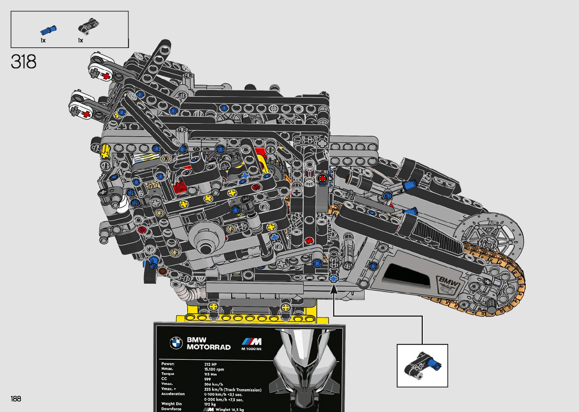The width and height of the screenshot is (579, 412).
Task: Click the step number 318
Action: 23,62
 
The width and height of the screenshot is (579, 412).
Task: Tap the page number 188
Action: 16,398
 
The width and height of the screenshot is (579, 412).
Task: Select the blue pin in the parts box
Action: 48,30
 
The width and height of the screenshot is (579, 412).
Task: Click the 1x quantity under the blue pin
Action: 43,40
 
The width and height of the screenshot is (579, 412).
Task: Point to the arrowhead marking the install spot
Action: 334,290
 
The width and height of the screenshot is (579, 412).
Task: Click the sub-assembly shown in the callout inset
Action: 422,365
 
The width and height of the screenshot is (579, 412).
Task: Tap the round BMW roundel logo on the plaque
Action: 176,343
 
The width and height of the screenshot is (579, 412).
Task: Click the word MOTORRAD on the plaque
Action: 208,347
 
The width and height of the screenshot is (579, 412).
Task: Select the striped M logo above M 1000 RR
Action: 251,342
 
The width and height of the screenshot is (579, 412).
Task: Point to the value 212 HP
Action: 210,364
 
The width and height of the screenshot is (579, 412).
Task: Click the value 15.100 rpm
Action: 214,369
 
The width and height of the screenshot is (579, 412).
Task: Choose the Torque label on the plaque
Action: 168,374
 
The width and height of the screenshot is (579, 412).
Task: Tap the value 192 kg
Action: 210,404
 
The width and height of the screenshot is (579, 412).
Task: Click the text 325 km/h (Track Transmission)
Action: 233,389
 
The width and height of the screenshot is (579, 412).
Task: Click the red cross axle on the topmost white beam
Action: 106,76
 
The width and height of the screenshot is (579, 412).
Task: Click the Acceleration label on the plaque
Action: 173,394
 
